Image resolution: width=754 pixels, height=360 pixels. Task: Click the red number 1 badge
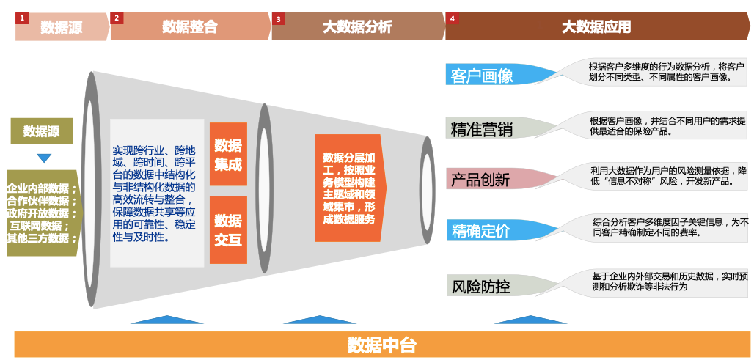coord(22,18)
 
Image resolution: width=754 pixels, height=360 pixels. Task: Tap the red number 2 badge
coord(117,18)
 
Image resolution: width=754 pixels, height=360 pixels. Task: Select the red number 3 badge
coord(279,18)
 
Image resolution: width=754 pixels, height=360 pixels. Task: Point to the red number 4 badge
coord(453,18)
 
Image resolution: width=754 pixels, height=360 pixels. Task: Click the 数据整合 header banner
coord(189,27)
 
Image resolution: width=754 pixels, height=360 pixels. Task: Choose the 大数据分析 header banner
coord(357,27)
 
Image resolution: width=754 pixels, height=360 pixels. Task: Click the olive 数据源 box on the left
coord(41,131)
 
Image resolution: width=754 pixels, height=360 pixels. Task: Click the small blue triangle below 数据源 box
coord(44,158)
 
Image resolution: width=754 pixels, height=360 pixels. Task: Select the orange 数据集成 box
coord(228,154)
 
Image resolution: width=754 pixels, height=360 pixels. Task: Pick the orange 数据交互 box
coord(228,229)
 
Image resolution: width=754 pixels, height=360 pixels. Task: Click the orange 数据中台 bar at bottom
coord(381,345)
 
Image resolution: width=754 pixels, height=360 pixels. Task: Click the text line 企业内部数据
coord(42,188)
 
